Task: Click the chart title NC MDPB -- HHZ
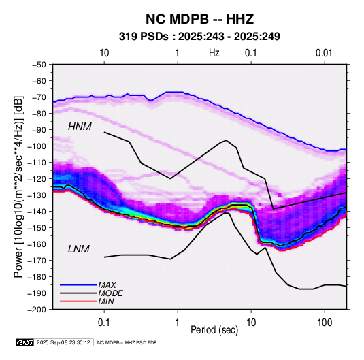pyautogui.click(x=199, y=19)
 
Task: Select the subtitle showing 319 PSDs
pyautogui.click(x=199, y=37)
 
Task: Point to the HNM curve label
pyautogui.click(x=80, y=127)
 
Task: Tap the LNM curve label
pyautogui.click(x=79, y=249)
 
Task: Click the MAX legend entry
pyautogui.click(x=107, y=284)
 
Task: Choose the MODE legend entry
pyautogui.click(x=110, y=293)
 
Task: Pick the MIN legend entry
pyautogui.click(x=106, y=301)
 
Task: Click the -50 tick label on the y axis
pyautogui.click(x=39, y=65)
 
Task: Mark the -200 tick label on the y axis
pyautogui.click(x=37, y=310)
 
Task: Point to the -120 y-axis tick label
pyautogui.click(x=37, y=179)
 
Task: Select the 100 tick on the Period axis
pyautogui.click(x=325, y=323)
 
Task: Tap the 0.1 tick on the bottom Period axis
pyautogui.click(x=104, y=323)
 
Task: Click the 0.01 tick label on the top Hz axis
pyautogui.click(x=324, y=53)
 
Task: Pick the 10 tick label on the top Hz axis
pyautogui.click(x=104, y=53)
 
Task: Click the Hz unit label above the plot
pyautogui.click(x=214, y=53)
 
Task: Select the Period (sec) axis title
pyautogui.click(x=214, y=330)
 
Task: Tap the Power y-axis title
pyautogui.click(x=18, y=187)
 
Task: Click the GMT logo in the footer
pyautogui.click(x=25, y=342)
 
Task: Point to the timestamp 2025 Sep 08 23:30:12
pyautogui.click(x=63, y=342)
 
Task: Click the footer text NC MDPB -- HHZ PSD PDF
pyautogui.click(x=127, y=342)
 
